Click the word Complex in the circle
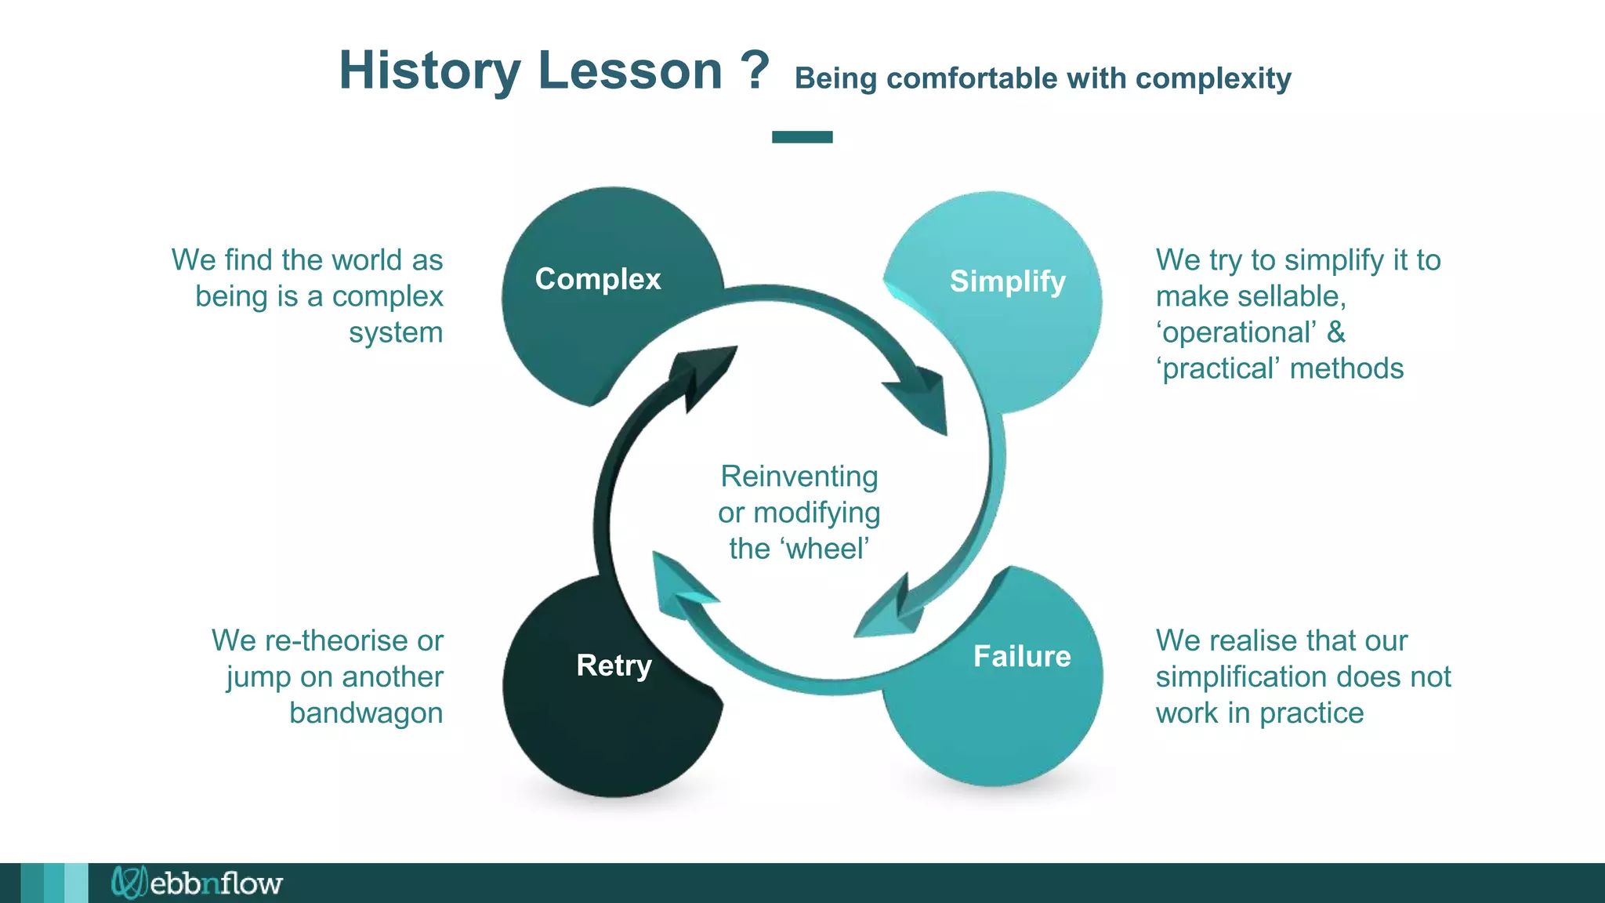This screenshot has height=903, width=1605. [x=597, y=279]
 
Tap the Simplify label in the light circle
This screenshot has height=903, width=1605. [x=1007, y=281]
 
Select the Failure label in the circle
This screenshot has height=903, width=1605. [x=1021, y=656]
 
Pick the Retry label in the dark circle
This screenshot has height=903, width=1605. [x=614, y=665]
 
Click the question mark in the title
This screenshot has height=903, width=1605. [x=754, y=71]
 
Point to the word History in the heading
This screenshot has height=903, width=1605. [x=429, y=71]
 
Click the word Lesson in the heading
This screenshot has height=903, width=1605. [x=630, y=71]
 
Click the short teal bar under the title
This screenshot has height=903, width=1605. [x=802, y=137]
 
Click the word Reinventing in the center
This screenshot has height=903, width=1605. [x=799, y=477]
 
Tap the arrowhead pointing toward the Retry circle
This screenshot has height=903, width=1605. [x=679, y=580]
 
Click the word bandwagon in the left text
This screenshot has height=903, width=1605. [x=366, y=713]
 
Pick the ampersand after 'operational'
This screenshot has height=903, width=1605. [x=1335, y=332]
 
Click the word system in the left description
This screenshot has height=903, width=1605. [x=396, y=332]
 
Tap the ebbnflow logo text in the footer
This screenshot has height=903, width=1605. [x=215, y=883]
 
